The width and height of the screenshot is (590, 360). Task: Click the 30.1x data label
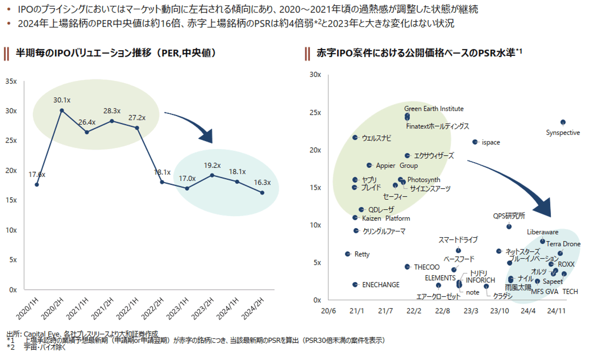tap(62, 100)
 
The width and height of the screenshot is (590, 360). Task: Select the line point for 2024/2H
tap(262, 193)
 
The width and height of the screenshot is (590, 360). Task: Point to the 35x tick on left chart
tap(11, 81)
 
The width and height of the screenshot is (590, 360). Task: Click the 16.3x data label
tap(262, 183)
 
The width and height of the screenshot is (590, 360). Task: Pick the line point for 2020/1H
tap(37, 185)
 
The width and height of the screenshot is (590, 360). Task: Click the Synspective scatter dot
tap(563, 122)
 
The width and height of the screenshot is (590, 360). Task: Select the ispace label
tap(491, 142)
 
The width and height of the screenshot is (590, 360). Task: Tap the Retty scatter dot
tap(348, 254)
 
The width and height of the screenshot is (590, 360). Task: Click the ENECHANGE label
tap(381, 285)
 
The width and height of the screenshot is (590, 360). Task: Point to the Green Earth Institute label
tap(434, 109)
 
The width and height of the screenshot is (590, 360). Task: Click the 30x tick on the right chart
tap(315, 75)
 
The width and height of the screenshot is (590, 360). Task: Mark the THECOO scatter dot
tap(407, 267)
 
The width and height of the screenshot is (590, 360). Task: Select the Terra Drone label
tap(563, 244)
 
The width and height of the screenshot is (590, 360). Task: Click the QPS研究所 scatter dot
tap(509, 226)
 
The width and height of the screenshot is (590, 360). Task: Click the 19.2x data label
tap(211, 165)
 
